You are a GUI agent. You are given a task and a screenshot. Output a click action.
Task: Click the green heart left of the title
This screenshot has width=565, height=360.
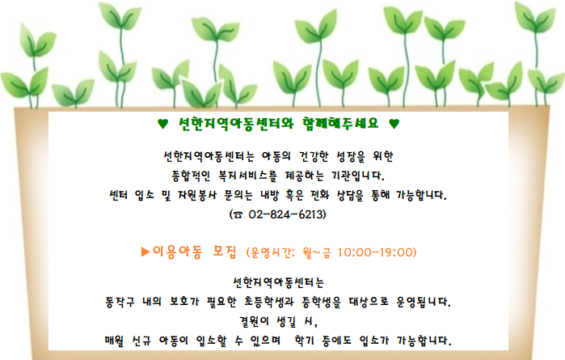pyautogui.click(x=162, y=124)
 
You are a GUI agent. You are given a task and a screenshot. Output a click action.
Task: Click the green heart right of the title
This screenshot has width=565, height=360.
pyautogui.click(x=394, y=124)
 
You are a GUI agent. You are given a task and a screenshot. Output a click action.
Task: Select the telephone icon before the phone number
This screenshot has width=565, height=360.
pyautogui.click(x=238, y=215)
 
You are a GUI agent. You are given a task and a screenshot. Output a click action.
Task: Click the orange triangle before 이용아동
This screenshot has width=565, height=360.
pyautogui.click(x=145, y=252)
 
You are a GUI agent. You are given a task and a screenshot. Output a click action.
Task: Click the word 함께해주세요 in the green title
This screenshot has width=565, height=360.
pyautogui.click(x=340, y=124)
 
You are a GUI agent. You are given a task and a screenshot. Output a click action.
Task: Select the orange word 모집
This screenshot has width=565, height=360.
pyautogui.click(x=225, y=252)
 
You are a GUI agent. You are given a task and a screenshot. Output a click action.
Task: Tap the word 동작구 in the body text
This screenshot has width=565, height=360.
pyautogui.click(x=120, y=302)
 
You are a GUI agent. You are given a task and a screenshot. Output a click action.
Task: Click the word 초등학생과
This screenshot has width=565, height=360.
pyautogui.click(x=269, y=302)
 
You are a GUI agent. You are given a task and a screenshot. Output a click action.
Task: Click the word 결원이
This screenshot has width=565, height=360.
pyautogui.click(x=254, y=321)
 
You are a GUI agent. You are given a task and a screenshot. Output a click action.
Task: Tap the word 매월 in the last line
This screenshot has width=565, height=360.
pyautogui.click(x=114, y=341)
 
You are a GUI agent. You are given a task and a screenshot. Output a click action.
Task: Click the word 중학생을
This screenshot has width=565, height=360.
pyautogui.click(x=321, y=302)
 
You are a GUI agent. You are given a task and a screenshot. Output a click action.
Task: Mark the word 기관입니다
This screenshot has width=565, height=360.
pyautogui.click(x=358, y=176)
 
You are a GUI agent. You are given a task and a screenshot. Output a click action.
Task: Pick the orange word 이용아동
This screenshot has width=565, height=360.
pyautogui.click(x=177, y=252)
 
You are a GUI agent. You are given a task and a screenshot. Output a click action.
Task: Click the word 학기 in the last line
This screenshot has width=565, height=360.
pyautogui.click(x=304, y=341)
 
